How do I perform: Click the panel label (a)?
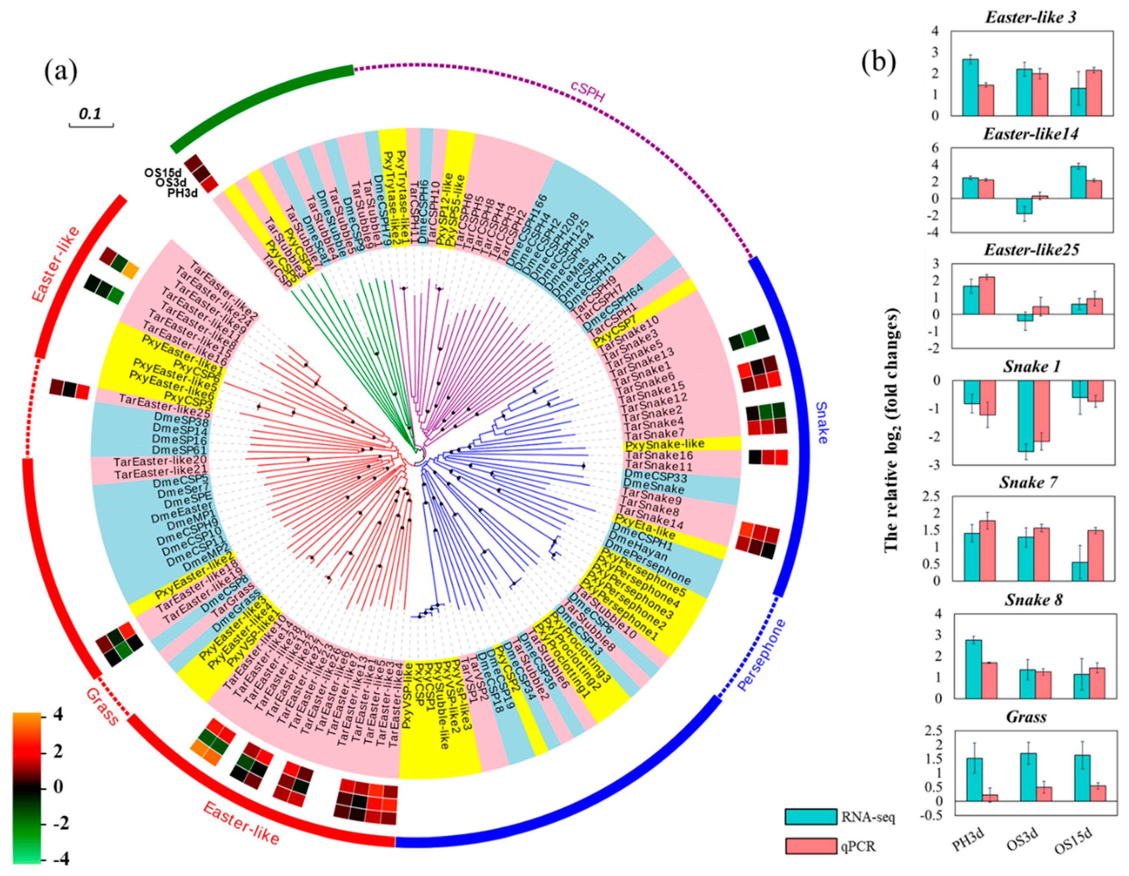(61, 71)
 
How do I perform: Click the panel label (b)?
(878, 62)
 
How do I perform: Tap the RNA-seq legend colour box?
(811, 817)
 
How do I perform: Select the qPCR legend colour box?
(811, 846)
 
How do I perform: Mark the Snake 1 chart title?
(1031, 366)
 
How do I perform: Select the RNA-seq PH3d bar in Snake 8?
(973, 669)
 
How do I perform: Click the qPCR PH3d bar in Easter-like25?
(986, 296)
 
